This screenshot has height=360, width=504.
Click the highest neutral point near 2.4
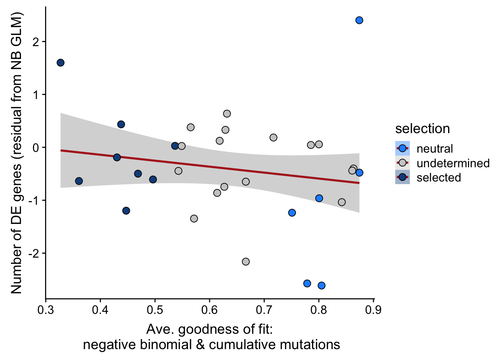[359, 20]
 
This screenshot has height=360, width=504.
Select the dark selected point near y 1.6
[60, 63]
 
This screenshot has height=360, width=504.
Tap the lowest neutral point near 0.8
[321, 286]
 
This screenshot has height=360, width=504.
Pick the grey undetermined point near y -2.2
[246, 262]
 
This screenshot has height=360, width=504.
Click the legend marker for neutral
[402, 148]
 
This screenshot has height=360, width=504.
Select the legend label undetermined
[453, 163]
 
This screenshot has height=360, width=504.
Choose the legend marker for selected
[402, 177]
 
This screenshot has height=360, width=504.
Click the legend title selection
[422, 129]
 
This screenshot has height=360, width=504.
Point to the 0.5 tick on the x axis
[155, 299]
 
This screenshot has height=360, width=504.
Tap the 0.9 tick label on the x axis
[373, 310]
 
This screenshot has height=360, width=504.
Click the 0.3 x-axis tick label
[46, 310]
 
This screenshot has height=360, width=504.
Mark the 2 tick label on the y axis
[36, 42]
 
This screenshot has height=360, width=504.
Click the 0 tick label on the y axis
[36, 147]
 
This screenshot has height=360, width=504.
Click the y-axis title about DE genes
[16, 153]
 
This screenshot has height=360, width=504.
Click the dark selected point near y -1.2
[126, 211]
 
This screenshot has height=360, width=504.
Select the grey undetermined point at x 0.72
[273, 138]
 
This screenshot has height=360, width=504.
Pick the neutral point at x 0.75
[292, 213]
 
